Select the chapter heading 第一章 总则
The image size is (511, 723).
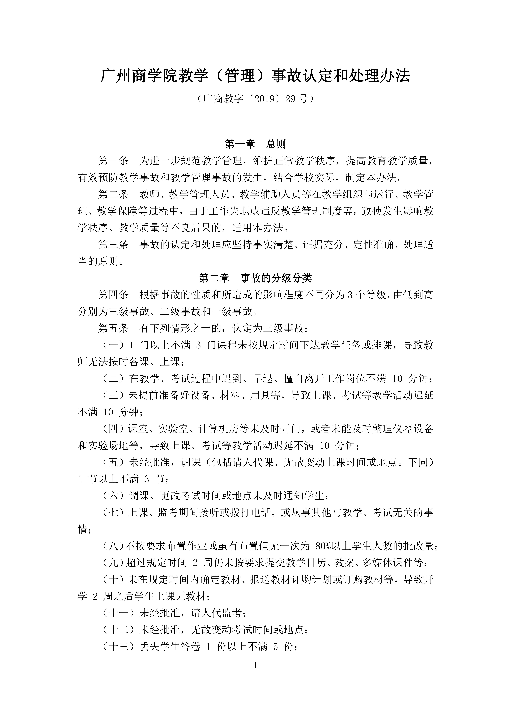pyautogui.click(x=255, y=144)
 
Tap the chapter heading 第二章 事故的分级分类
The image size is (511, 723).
pyautogui.click(x=255, y=278)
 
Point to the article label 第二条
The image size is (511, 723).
pyautogui.click(x=113, y=194)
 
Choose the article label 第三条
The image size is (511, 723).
pyautogui.click(x=113, y=244)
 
